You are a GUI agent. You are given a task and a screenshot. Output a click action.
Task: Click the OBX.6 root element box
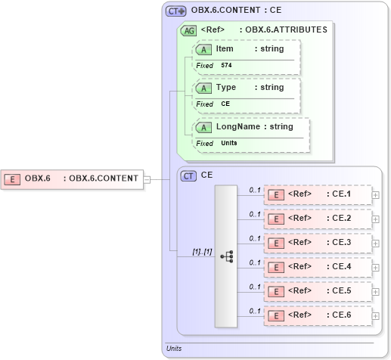(73, 178)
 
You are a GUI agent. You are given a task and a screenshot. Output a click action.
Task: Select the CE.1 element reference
(318, 194)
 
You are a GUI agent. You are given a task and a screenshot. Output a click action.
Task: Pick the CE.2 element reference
(318, 219)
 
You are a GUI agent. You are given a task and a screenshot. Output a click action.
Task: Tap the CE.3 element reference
(318, 243)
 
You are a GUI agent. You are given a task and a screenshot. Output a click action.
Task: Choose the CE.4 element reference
(318, 267)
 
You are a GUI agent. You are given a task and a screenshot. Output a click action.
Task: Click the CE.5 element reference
(318, 290)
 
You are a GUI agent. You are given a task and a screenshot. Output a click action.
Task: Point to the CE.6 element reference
(318, 315)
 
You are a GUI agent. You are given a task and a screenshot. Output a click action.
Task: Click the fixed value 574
(226, 66)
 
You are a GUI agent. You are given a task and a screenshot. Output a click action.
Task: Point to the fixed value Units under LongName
(228, 144)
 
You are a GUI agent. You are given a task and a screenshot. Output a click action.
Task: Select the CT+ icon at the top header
(175, 11)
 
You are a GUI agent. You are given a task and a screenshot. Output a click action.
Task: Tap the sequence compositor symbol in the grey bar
(226, 256)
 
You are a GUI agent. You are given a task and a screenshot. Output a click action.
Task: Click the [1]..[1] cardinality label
(182, 250)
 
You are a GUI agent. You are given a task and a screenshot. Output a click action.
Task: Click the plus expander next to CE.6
(376, 315)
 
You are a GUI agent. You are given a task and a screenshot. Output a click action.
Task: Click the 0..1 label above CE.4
(255, 262)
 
